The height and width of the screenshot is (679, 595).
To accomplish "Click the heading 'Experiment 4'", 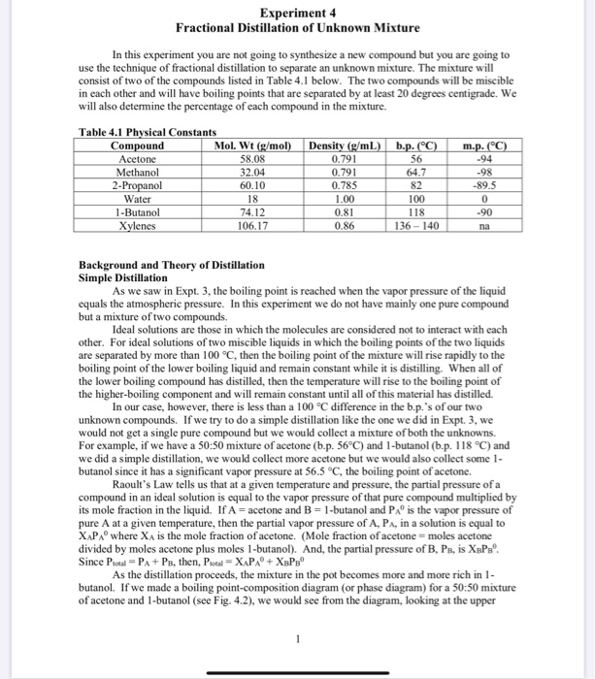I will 296,13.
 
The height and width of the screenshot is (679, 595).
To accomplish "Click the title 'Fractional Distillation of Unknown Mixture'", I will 296,27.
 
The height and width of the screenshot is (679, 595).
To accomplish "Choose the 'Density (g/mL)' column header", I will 343,145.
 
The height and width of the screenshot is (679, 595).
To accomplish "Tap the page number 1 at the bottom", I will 296,638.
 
